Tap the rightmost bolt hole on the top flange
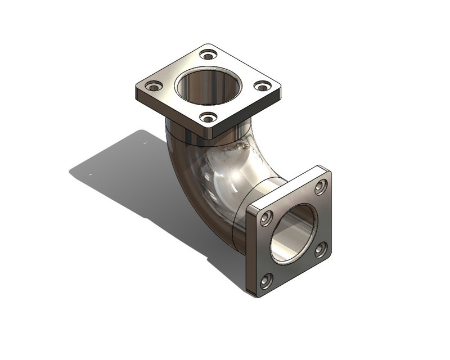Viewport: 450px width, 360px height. pyautogui.click(x=262, y=85)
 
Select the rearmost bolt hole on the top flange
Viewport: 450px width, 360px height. pyautogui.click(x=209, y=55)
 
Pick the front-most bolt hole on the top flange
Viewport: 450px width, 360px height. pyautogui.click(x=209, y=118)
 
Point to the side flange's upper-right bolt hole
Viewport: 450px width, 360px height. pyautogui.click(x=321, y=187)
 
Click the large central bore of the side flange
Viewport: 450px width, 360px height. pyautogui.click(x=294, y=233)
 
